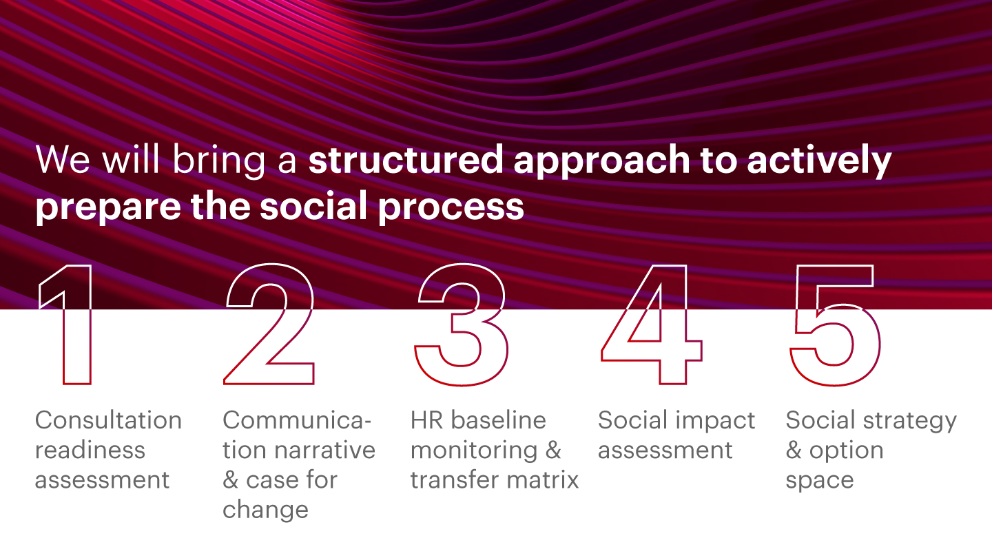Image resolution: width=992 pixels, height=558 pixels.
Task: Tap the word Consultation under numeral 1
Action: click(109, 420)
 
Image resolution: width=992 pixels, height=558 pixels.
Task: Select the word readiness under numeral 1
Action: click(90, 450)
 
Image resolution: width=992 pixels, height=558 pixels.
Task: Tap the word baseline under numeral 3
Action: click(498, 420)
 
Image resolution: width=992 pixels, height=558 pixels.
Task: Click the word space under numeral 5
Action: click(820, 482)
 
